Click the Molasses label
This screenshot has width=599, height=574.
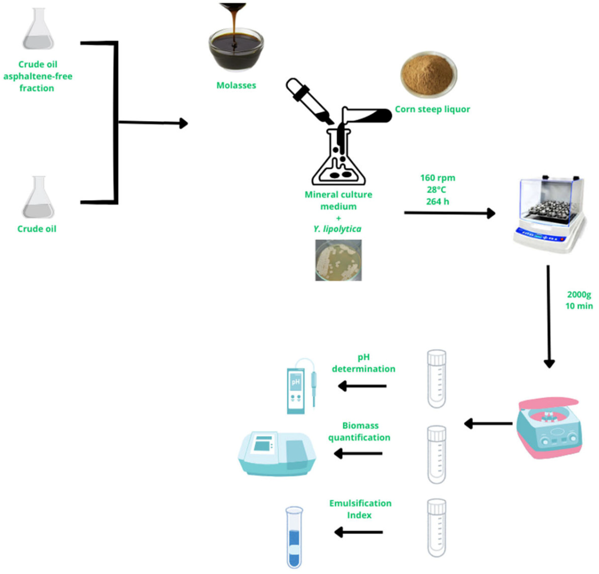click(x=236, y=85)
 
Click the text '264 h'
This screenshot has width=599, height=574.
click(x=438, y=202)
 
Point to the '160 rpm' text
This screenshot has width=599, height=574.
click(x=438, y=178)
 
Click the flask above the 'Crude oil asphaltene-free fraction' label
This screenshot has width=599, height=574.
click(x=38, y=29)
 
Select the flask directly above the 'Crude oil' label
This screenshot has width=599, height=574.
click(x=38, y=197)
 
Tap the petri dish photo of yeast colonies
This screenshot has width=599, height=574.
click(x=338, y=260)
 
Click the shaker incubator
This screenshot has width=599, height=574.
click(x=549, y=214)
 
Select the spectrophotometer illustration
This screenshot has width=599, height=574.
click(x=277, y=454)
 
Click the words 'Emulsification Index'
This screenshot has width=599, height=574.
click(x=360, y=509)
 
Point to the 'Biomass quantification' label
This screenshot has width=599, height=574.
click(x=359, y=431)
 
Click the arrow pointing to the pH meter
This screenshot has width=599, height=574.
click(x=362, y=386)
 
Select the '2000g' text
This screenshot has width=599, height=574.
click(x=579, y=295)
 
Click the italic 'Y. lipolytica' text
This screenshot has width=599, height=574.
click(x=338, y=229)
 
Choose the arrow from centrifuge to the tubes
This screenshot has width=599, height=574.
click(x=488, y=424)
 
